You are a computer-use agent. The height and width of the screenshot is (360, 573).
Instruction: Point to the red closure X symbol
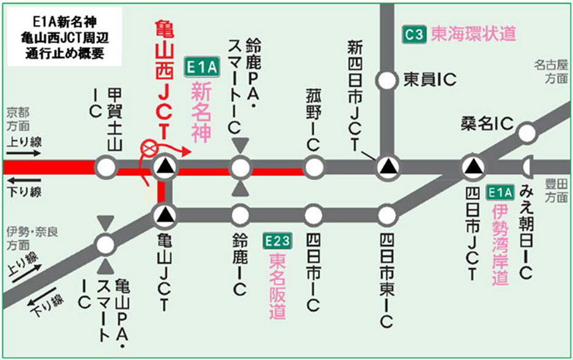pos(148,148)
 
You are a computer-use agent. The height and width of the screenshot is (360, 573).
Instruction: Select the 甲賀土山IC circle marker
pos(106,166)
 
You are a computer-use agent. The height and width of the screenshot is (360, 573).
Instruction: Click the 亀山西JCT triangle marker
pos(164,166)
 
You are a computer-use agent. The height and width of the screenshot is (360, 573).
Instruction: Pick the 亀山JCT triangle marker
pos(164,214)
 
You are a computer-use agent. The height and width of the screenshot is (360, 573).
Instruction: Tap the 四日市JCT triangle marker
pos(472,166)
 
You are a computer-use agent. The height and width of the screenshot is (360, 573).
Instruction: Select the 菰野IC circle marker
pos(313,166)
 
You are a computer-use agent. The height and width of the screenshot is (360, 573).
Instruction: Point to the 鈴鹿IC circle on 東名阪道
pos(240,214)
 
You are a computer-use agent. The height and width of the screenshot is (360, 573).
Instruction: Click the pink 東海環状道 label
pos(473,34)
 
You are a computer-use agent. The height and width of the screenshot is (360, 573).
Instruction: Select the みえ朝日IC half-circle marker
pos(528,166)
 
